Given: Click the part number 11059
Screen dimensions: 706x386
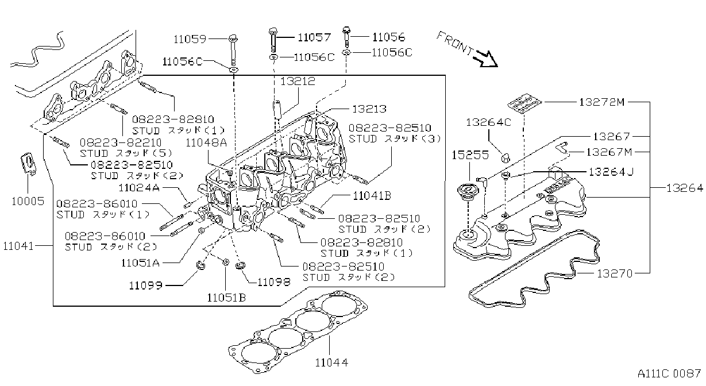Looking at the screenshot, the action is tap(190, 39).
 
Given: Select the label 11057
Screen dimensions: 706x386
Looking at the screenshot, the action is tap(314, 37).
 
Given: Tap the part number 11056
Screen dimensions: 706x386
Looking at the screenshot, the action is tap(388, 37).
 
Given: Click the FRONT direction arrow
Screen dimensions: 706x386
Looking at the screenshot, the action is tap(487, 59).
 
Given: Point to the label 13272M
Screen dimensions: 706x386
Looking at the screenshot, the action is tap(601, 102).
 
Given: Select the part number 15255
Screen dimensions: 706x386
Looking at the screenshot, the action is tap(470, 155).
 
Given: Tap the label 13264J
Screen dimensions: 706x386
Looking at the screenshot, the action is tap(611, 172).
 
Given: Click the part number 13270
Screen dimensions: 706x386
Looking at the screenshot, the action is tap(615, 273).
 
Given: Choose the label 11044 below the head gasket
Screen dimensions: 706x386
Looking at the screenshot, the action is tap(331, 362).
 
